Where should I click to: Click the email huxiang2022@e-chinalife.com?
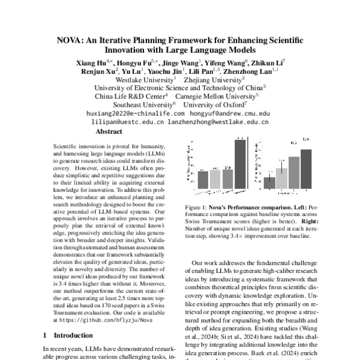pyautogui.click(x=136, y=113)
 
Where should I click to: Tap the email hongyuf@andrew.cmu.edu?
pyautogui.click(x=230, y=113)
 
